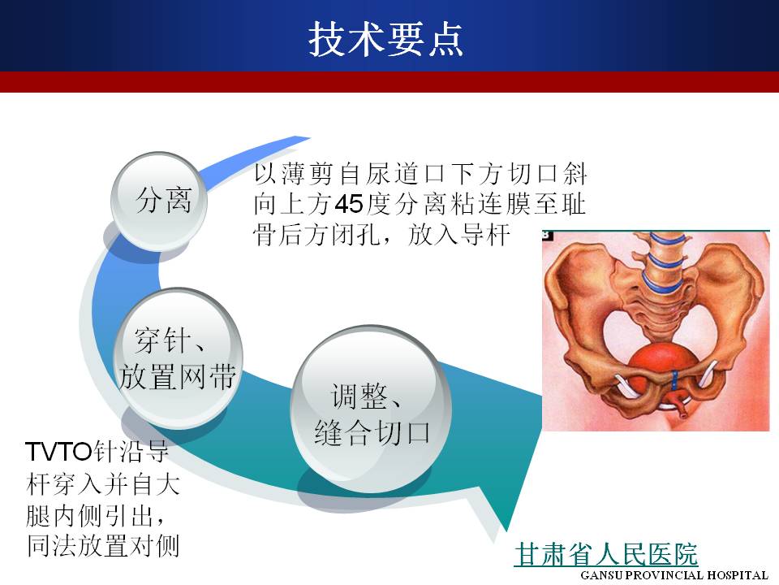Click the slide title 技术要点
click(x=385, y=39)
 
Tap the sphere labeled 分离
click(x=159, y=201)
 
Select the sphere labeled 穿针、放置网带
click(x=178, y=357)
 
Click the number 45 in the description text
click(x=349, y=204)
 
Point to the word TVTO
click(x=59, y=452)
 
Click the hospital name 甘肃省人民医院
click(x=606, y=554)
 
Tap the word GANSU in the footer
click(x=602, y=575)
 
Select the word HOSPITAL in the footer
click(x=738, y=575)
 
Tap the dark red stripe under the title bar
click(x=389, y=82)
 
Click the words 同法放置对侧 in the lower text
click(x=103, y=546)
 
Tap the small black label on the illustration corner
click(x=548, y=236)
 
